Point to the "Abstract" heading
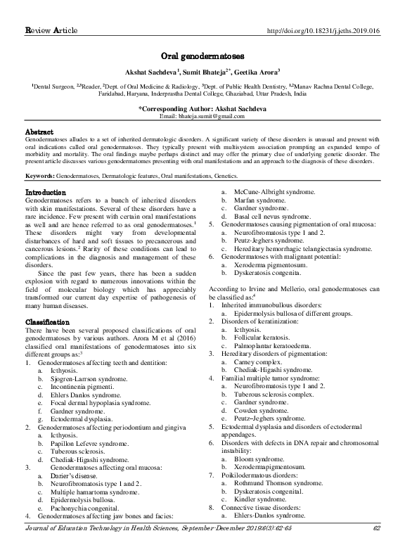point(39,132)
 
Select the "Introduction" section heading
point(46,192)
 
